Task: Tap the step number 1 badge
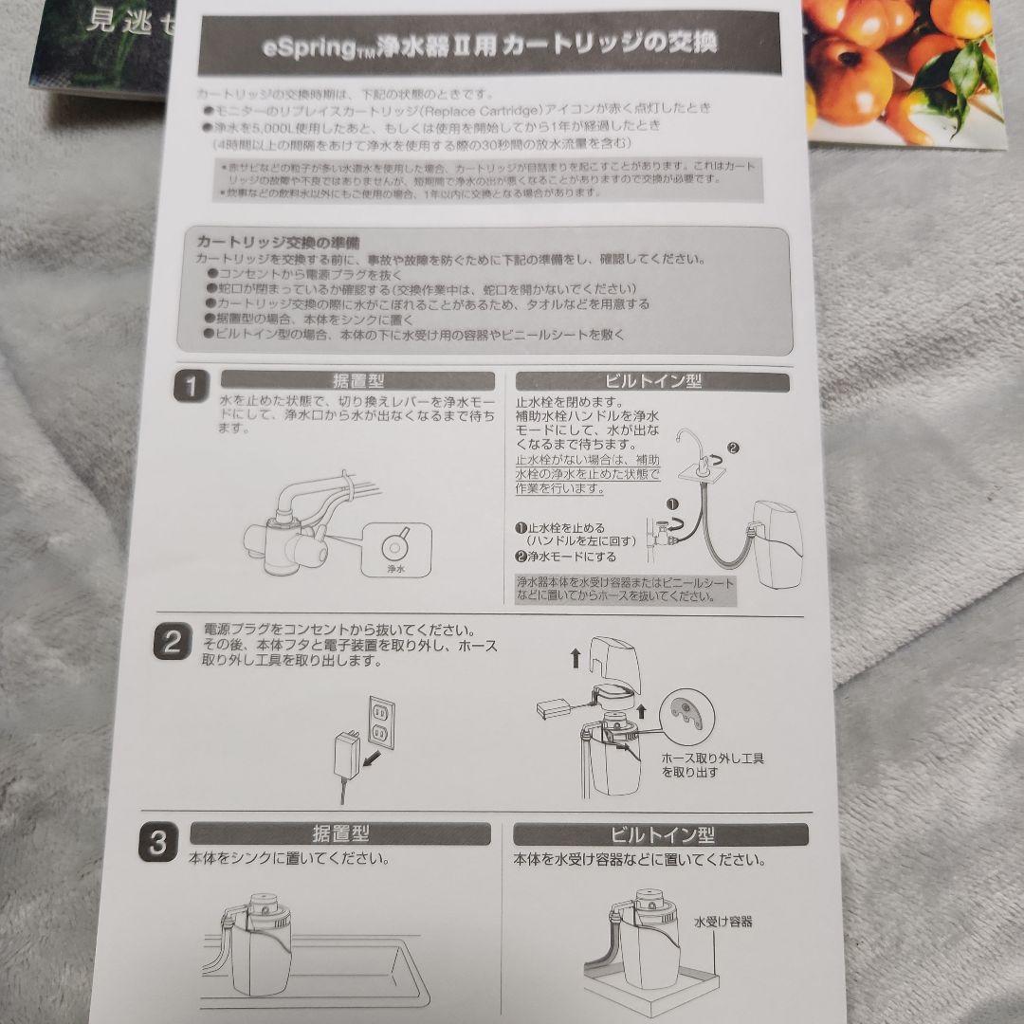(x=192, y=388)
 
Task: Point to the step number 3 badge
(x=158, y=843)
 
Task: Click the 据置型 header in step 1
(x=357, y=381)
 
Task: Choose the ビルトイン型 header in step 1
(x=652, y=382)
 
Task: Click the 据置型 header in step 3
(x=340, y=834)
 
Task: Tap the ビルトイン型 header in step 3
(x=661, y=835)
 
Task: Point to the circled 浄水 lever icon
(x=395, y=548)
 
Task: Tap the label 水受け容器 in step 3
(x=722, y=921)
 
